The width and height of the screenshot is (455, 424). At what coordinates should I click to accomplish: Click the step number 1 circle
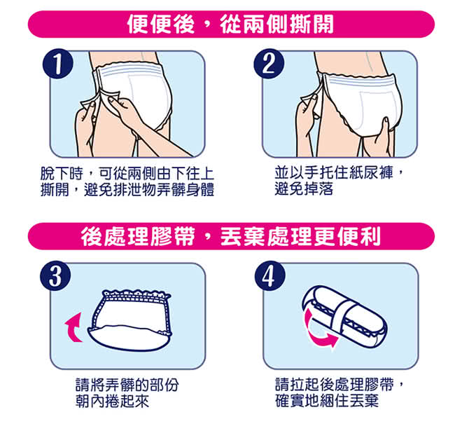[57, 64]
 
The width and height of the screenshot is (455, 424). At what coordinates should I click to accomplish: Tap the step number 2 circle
[269, 64]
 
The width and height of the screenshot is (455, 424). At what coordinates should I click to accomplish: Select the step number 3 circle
[55, 276]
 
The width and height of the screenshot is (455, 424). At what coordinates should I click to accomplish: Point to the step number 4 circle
[270, 276]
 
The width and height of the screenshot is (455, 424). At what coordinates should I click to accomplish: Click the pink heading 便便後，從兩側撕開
[231, 24]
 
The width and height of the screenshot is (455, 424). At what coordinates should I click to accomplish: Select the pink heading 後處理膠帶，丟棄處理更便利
[231, 236]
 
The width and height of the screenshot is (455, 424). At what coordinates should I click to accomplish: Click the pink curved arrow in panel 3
[73, 327]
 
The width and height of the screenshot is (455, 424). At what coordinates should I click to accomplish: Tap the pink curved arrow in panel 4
[318, 329]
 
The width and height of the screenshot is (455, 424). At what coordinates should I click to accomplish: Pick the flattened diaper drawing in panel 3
[130, 320]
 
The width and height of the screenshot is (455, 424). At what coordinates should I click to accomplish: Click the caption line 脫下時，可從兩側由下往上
[127, 174]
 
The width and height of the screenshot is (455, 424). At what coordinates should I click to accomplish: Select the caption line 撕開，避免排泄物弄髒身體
[127, 189]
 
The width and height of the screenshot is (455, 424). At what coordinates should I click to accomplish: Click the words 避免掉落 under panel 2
[304, 189]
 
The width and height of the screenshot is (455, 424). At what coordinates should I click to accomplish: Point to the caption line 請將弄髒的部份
[127, 385]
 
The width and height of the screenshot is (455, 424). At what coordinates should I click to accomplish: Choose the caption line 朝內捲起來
[112, 401]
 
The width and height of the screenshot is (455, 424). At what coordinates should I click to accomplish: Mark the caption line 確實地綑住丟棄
[327, 400]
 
